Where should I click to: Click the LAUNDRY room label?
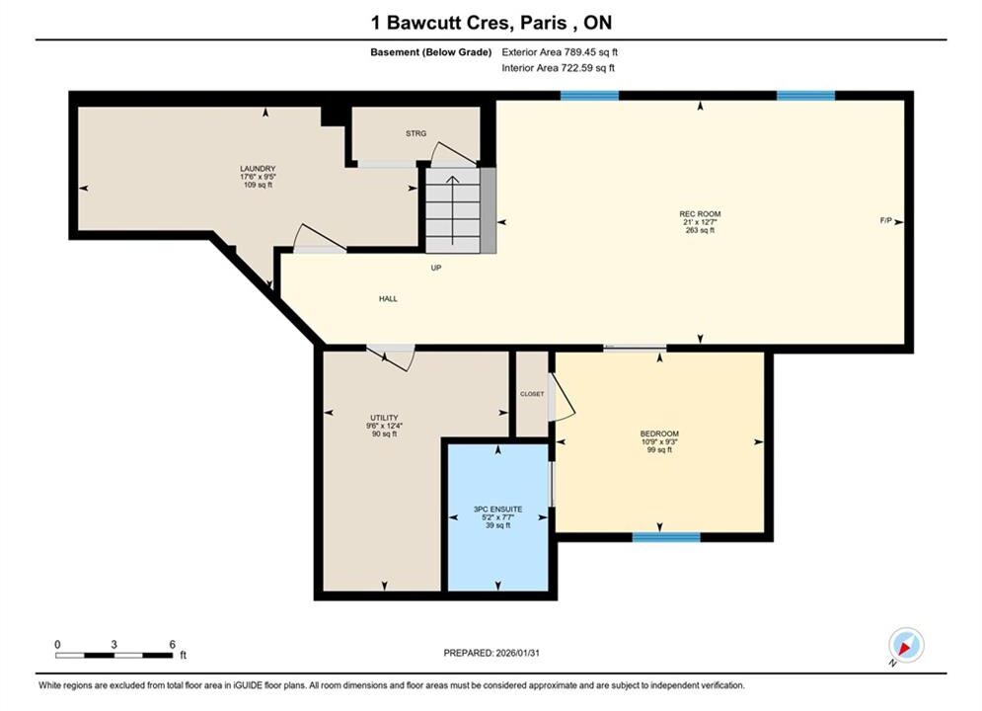tap(258, 169)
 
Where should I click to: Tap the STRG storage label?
tap(415, 133)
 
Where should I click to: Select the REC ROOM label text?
tap(700, 213)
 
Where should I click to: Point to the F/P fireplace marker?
tap(885, 220)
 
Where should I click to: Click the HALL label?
tap(388, 299)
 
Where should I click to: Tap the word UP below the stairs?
tap(436, 268)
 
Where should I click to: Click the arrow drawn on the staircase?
tap(452, 210)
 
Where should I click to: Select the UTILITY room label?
tap(384, 418)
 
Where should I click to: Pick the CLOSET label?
tap(532, 394)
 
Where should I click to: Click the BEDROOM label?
tap(659, 434)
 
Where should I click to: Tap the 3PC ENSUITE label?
tap(497, 510)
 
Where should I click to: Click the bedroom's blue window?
tap(666, 537)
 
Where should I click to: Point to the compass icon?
tap(906, 645)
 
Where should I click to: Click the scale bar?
tap(113, 656)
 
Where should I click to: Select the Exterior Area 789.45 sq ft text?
tap(560, 52)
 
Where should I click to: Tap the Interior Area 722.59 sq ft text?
tap(558, 68)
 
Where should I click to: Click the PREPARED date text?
tap(491, 653)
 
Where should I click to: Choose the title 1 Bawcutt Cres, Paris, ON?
tap(491, 23)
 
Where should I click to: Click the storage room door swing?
tap(454, 155)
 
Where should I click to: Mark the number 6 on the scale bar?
tap(173, 644)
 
